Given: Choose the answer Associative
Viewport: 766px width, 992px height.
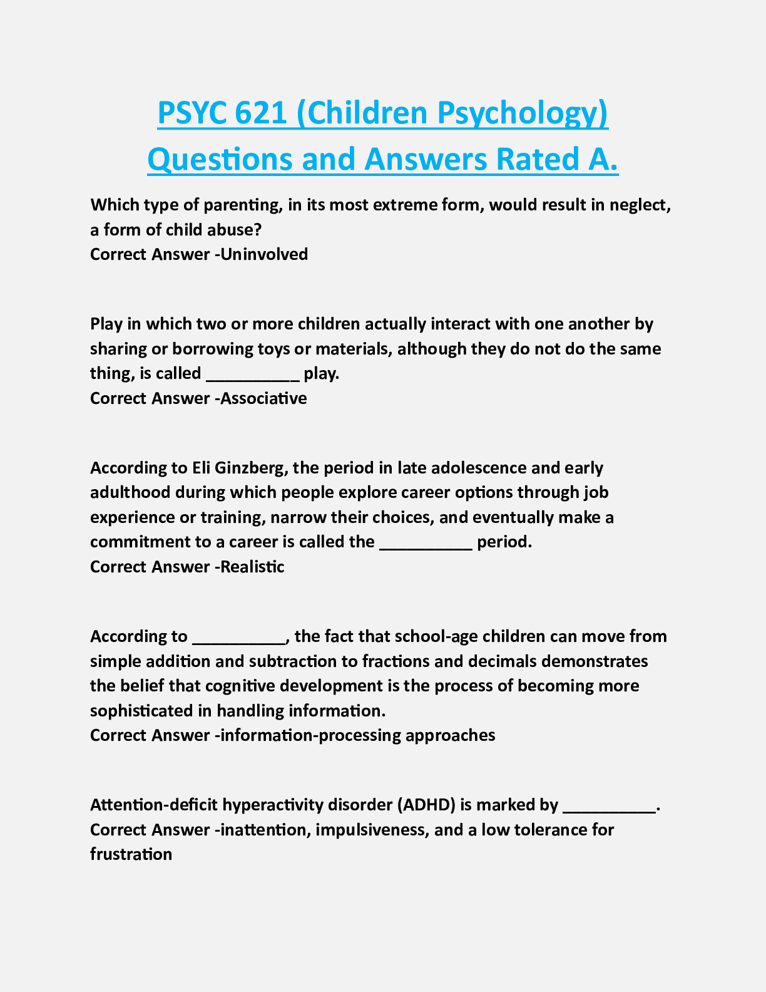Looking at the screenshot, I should [263, 398].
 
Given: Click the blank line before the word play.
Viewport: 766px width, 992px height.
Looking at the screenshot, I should [253, 375].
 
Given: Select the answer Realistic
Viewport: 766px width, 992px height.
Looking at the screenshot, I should [252, 567].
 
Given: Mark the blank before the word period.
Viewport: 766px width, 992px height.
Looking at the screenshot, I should [426, 543].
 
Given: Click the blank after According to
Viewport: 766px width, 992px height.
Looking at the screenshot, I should [238, 638].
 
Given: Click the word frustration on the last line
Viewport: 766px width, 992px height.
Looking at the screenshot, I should [131, 854].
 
